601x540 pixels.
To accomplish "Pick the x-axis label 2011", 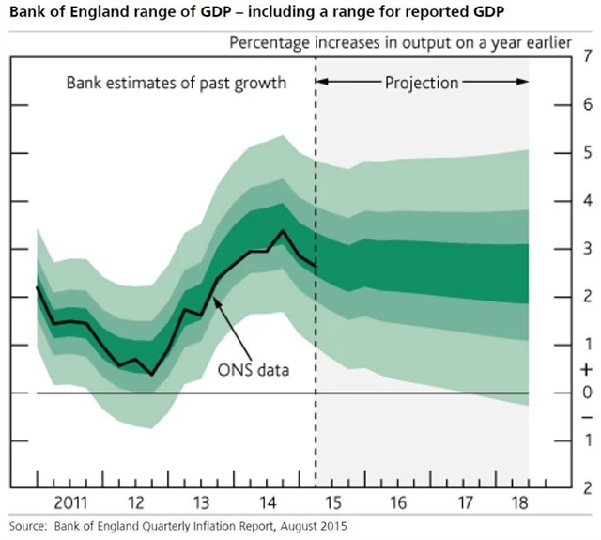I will (x=70, y=499).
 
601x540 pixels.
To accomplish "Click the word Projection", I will (x=422, y=83).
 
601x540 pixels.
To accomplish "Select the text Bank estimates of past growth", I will (x=176, y=83).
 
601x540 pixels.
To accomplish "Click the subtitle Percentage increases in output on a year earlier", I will (x=402, y=43).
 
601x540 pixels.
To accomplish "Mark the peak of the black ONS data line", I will (x=283, y=230).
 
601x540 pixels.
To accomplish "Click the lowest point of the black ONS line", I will (x=152, y=375).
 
